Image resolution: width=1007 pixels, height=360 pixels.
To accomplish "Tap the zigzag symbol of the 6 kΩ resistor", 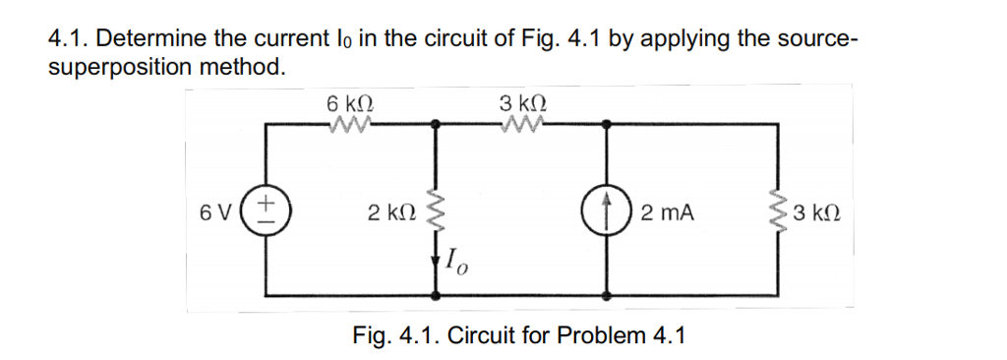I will click(350, 124).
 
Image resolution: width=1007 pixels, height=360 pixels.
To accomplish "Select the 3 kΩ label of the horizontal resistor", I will click(522, 102).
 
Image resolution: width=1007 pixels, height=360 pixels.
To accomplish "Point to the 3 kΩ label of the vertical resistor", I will click(820, 212).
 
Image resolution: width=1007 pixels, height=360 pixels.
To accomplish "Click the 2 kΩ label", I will click(389, 212).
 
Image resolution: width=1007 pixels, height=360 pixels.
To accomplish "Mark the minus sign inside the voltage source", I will click(266, 221).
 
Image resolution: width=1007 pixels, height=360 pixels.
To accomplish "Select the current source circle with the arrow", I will click(606, 210).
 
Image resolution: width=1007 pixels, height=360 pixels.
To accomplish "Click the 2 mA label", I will click(665, 211).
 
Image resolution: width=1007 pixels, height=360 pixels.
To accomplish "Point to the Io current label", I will click(456, 265).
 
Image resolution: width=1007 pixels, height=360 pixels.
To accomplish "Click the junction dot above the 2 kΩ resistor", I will click(437, 125).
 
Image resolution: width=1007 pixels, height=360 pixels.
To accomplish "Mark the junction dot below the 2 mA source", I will click(606, 294).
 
